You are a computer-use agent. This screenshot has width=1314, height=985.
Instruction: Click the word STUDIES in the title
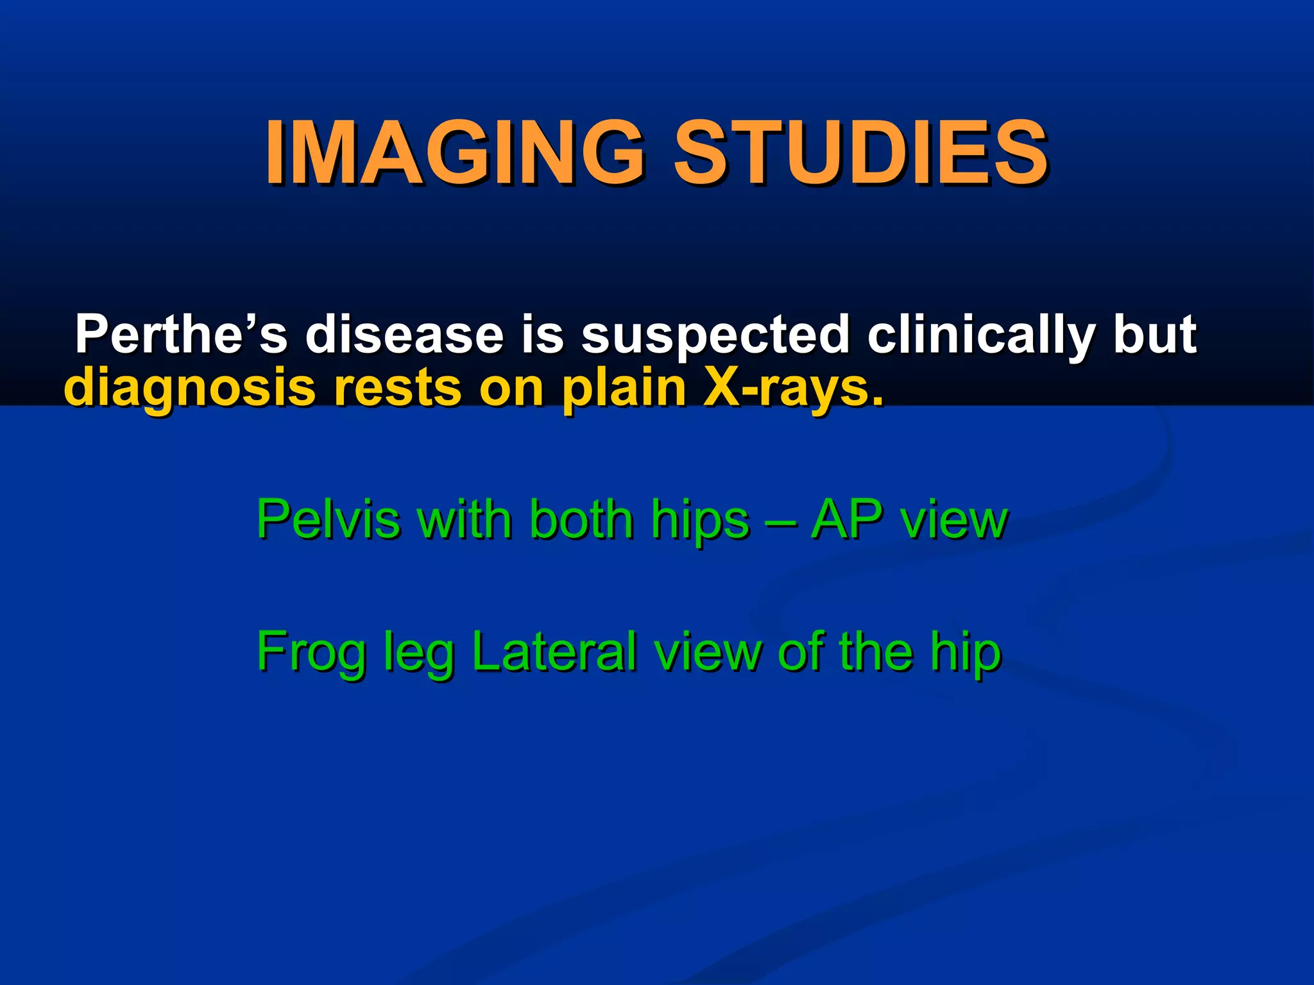[x=860, y=153]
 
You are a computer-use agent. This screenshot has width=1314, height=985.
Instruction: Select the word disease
[x=404, y=335]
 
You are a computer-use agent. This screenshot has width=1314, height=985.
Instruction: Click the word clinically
[x=982, y=335]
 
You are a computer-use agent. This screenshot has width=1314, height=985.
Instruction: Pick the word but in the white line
[x=1155, y=334]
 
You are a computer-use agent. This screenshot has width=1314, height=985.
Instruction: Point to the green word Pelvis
[x=328, y=519]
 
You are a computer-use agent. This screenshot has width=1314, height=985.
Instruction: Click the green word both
[x=581, y=519]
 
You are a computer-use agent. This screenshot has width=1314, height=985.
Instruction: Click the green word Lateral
[x=554, y=652]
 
